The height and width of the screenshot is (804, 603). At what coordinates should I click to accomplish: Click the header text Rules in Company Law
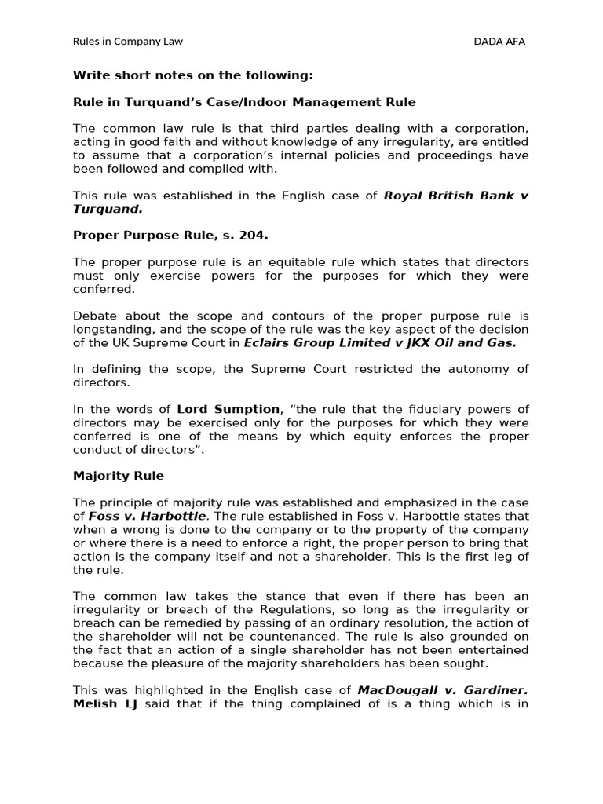coord(127,42)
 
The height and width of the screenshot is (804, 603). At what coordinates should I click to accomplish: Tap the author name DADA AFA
coord(499,42)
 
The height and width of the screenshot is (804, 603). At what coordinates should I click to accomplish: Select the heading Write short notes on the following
coord(192,75)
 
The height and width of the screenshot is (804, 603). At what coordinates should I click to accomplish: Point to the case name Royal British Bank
coord(449,196)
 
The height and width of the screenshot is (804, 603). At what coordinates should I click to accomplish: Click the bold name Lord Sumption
coord(228,409)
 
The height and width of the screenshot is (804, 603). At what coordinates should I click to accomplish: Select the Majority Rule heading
coord(119,476)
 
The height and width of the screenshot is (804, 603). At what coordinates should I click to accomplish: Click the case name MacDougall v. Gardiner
coord(442,690)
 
